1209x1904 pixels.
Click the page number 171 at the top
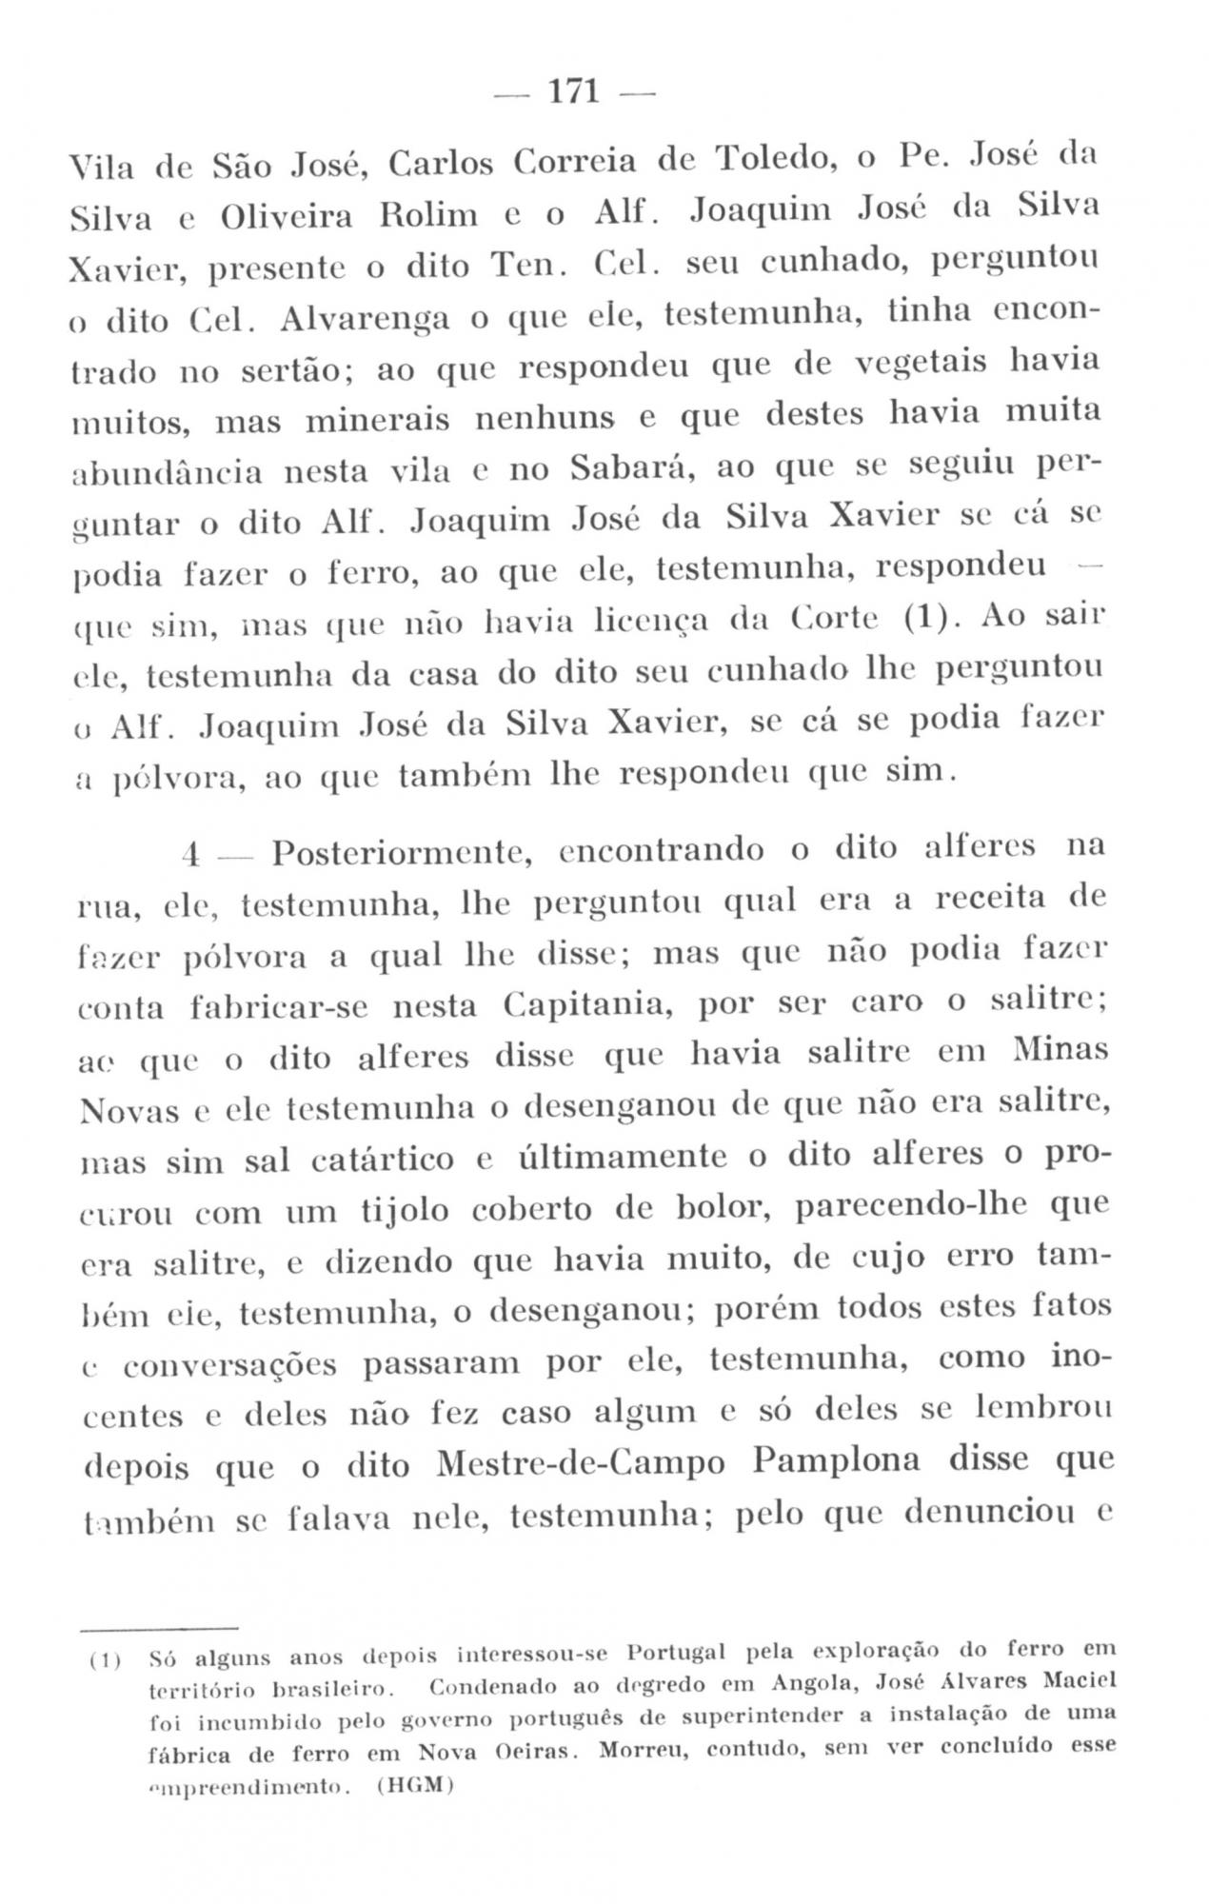click(x=574, y=92)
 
